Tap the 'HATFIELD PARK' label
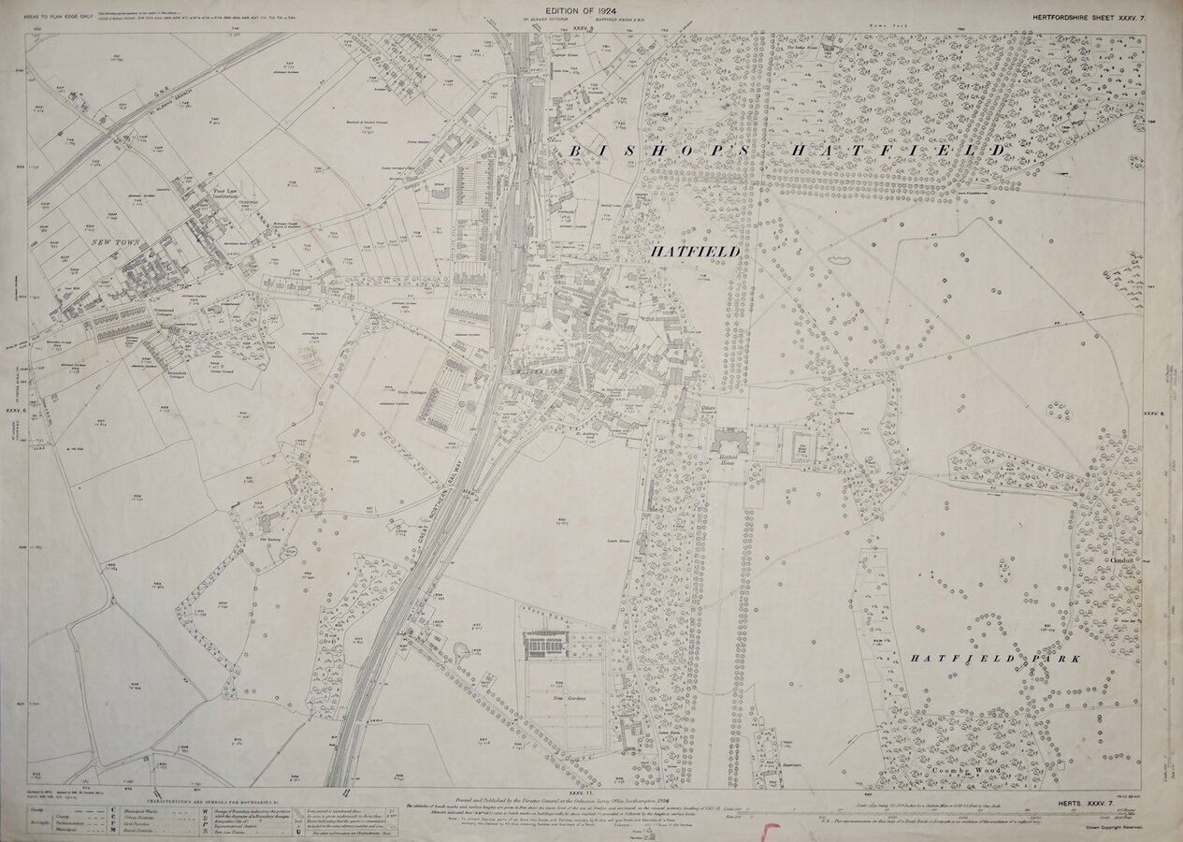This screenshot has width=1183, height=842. [996, 659]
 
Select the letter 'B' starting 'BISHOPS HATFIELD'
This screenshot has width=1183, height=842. [575, 151]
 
